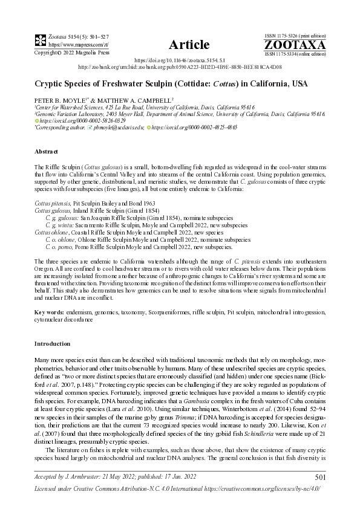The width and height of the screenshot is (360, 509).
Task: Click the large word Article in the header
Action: (x=189, y=45)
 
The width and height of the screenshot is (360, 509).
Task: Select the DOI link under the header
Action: (x=178, y=61)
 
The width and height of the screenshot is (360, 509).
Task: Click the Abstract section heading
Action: (x=46, y=152)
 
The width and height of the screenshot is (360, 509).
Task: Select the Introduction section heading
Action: (x=53, y=343)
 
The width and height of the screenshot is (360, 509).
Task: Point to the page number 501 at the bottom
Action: (x=321, y=478)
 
